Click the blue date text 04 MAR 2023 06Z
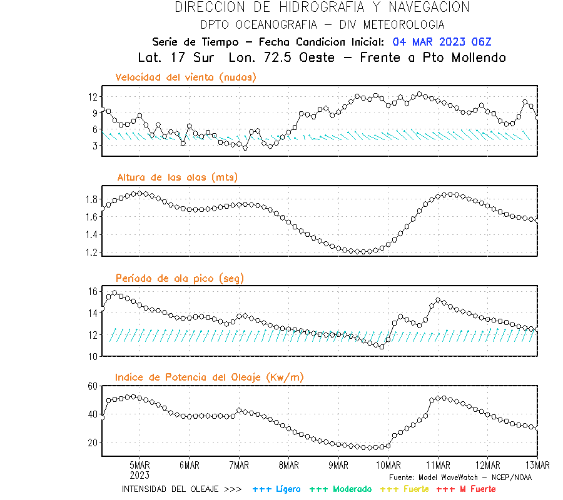click(x=442, y=42)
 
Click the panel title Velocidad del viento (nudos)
click(x=186, y=77)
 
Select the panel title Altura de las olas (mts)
click(x=177, y=177)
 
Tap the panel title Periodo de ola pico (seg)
click(x=180, y=278)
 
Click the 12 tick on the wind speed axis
click(x=92, y=97)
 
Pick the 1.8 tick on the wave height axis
click(x=91, y=199)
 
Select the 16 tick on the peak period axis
click(x=92, y=291)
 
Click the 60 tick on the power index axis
click(x=92, y=386)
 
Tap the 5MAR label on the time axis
click(x=139, y=466)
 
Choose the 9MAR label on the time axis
click(x=338, y=466)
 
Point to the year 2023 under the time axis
click(x=139, y=474)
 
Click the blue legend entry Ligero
click(x=277, y=489)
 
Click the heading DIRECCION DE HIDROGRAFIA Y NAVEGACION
click(x=322, y=7)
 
